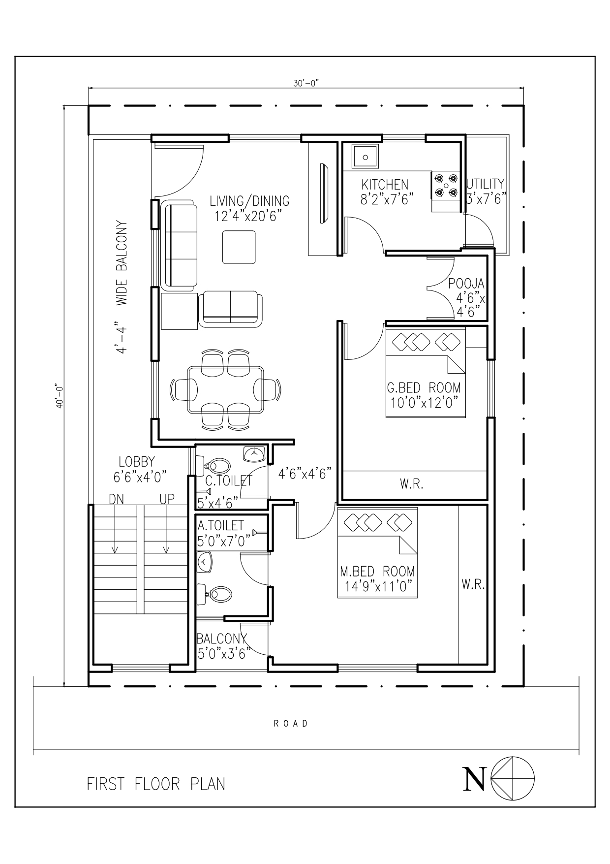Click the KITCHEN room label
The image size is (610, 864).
pos(385,185)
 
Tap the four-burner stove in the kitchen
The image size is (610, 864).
pos(446,185)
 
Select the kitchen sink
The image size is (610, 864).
pos(365,157)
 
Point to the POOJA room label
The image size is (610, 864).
pos(466,284)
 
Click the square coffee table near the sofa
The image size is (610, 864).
pos(239,247)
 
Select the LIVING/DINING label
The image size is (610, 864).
pos(249,201)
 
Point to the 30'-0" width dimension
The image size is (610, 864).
pos(306,84)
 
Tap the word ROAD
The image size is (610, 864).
pos(291,723)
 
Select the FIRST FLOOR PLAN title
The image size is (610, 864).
pos(156,784)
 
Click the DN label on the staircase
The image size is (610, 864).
pos(117,499)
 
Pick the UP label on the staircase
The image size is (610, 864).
pos(167,499)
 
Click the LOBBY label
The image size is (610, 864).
pos(137,462)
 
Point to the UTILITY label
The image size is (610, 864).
pos(485,184)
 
